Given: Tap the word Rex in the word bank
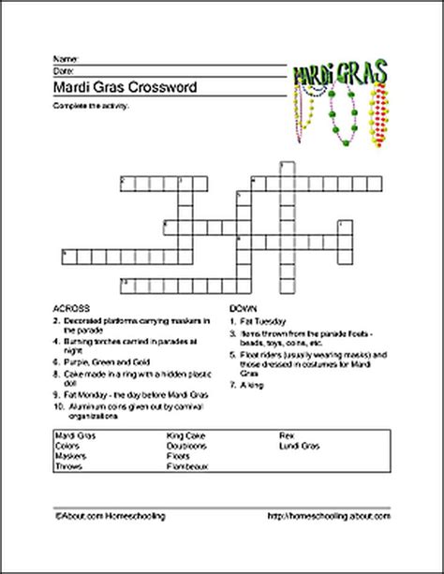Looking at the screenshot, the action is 286,436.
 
